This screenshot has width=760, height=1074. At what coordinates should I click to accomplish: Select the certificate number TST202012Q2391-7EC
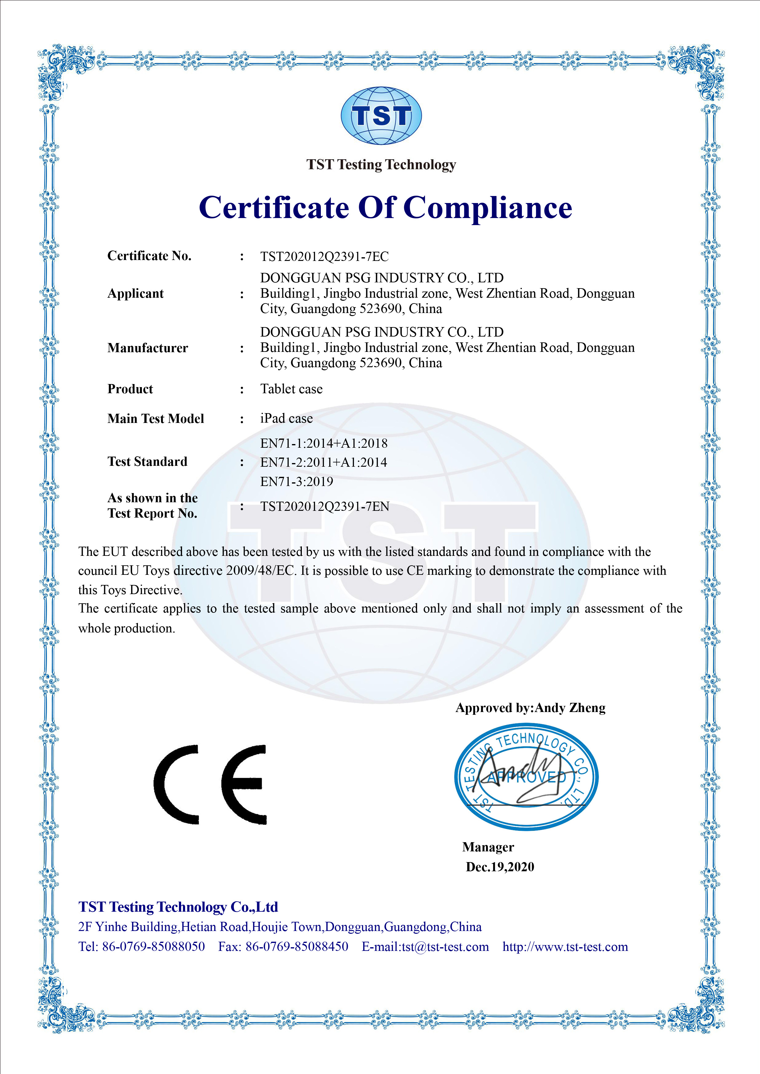(324, 256)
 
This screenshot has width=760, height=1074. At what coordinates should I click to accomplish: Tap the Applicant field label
(136, 294)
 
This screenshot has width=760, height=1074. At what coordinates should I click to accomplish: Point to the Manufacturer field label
(148, 348)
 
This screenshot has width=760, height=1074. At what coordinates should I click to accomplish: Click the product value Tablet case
(291, 389)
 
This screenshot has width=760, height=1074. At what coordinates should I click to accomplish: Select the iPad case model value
(287, 418)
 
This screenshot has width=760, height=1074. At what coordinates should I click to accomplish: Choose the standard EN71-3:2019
(297, 481)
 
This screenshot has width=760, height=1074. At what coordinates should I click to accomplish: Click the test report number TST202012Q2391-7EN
(325, 507)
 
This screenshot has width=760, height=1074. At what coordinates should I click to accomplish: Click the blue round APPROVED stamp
(526, 777)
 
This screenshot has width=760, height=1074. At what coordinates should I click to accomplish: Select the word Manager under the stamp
(488, 847)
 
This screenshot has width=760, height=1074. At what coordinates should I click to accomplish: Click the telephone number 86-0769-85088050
(154, 947)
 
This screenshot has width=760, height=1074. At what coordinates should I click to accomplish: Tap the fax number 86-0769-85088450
(297, 947)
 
